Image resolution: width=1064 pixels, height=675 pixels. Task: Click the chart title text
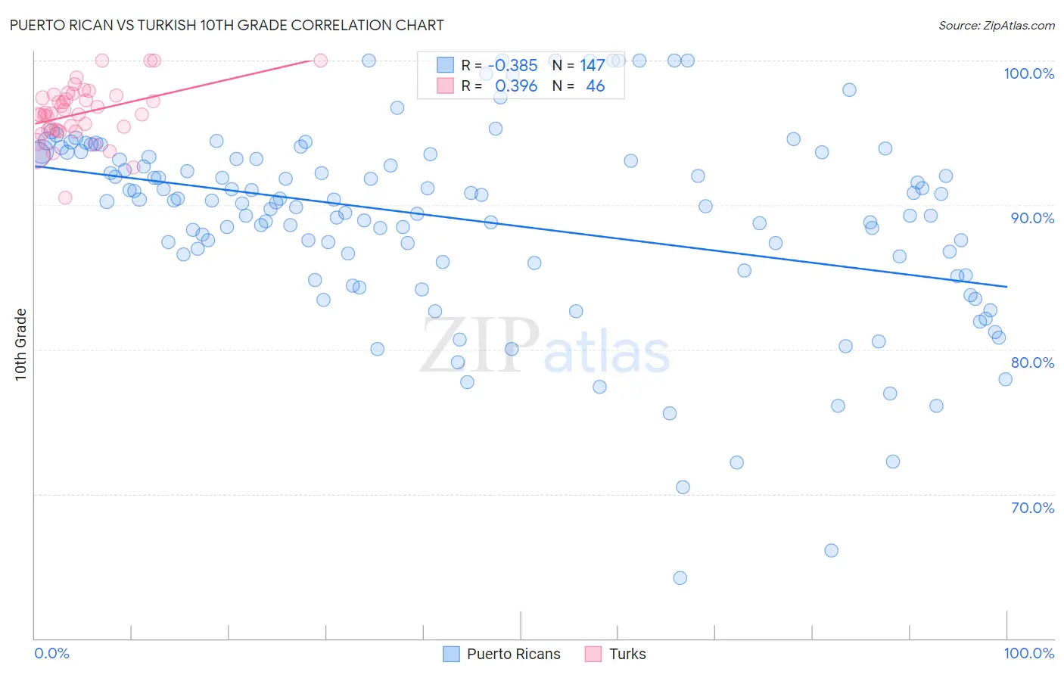pyautogui.click(x=226, y=25)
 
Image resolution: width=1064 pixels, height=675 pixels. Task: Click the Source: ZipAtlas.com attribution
pyautogui.click(x=996, y=25)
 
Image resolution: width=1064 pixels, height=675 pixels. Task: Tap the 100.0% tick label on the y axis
pyautogui.click(x=1028, y=73)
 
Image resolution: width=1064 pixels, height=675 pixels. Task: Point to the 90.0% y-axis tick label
pyautogui.click(x=1032, y=218)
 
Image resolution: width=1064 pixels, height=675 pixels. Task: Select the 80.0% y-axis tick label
pyautogui.click(x=1032, y=362)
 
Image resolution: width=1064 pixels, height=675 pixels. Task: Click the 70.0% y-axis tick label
pyautogui.click(x=1032, y=508)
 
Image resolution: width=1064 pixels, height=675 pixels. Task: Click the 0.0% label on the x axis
pyautogui.click(x=51, y=653)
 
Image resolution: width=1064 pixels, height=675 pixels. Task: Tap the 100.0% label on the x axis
pyautogui.click(x=1028, y=653)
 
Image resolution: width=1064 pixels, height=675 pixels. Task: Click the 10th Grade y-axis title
pyautogui.click(x=20, y=344)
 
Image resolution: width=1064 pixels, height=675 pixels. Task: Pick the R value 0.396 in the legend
pyautogui.click(x=516, y=86)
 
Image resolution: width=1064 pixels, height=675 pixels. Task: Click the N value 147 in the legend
pyautogui.click(x=592, y=66)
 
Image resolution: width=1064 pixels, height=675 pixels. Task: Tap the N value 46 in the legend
pyautogui.click(x=595, y=86)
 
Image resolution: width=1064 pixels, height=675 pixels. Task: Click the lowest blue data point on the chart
pyautogui.click(x=680, y=578)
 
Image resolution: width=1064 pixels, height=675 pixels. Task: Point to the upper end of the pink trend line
pyautogui.click(x=310, y=60)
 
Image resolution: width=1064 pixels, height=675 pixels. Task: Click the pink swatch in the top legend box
pyautogui.click(x=445, y=86)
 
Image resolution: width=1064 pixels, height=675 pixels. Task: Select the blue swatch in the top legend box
pyautogui.click(x=445, y=66)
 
